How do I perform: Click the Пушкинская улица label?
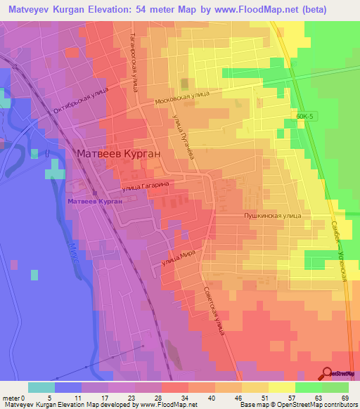[272, 217]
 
